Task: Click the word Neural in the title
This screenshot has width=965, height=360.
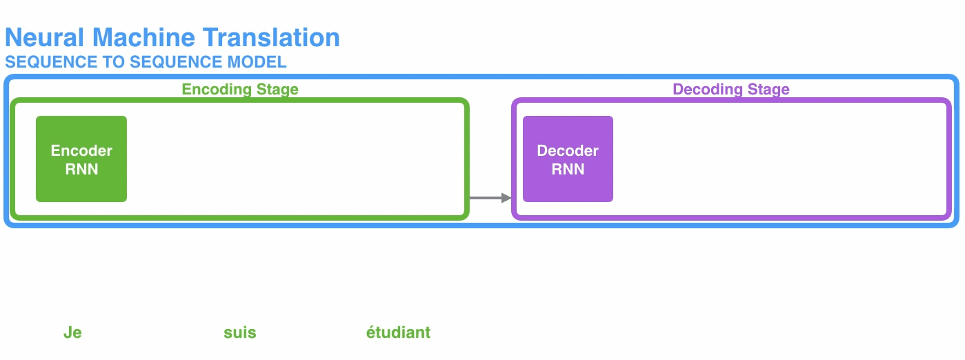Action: (x=46, y=37)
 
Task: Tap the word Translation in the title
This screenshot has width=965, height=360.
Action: (x=272, y=37)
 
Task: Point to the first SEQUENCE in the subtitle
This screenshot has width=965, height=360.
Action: (x=41, y=62)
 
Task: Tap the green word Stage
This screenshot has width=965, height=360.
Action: (x=277, y=90)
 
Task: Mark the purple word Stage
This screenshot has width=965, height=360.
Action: (x=768, y=90)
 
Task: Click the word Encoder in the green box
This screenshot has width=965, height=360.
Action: (x=81, y=151)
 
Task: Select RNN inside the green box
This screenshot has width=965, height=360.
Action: (x=81, y=169)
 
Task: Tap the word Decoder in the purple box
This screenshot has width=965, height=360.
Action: (x=568, y=151)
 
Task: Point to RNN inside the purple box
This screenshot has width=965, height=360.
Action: (x=568, y=169)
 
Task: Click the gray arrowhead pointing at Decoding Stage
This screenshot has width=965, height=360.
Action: (x=507, y=199)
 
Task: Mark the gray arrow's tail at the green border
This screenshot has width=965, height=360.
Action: (x=472, y=199)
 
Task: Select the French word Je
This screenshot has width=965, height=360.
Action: (x=72, y=333)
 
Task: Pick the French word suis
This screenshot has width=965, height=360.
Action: (x=240, y=333)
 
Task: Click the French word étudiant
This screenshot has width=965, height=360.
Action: (x=398, y=333)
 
